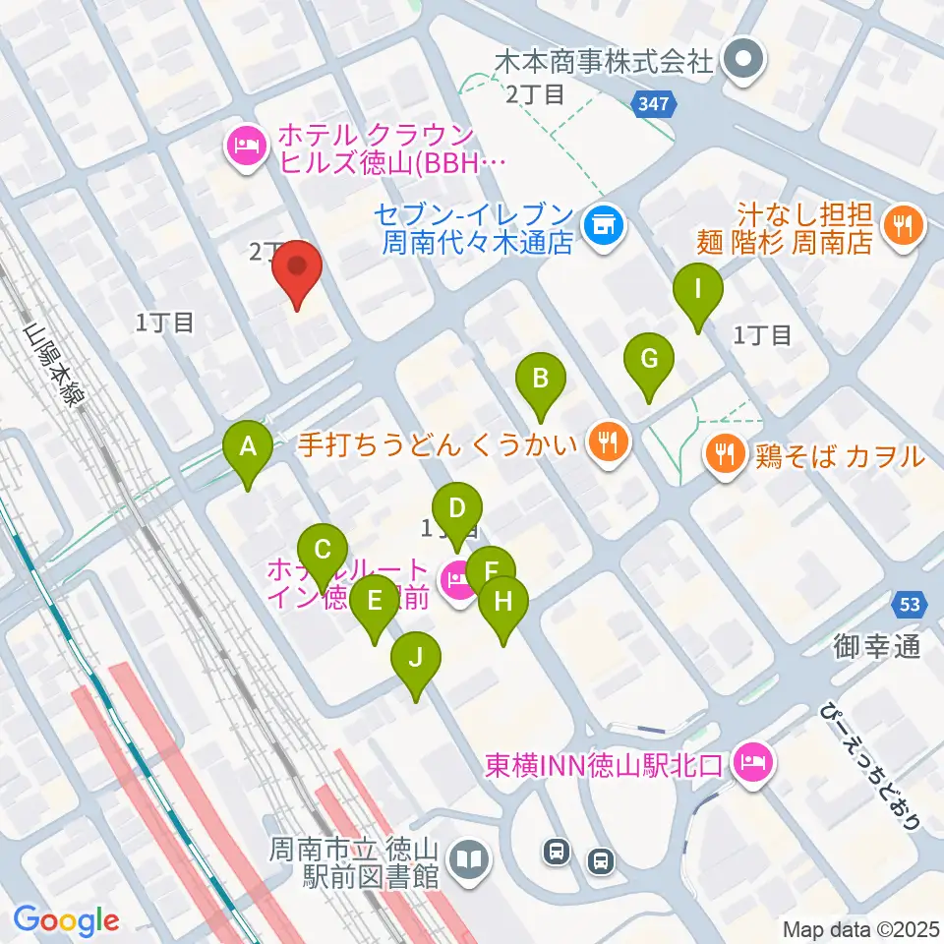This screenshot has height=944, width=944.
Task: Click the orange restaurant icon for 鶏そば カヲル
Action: (725, 453)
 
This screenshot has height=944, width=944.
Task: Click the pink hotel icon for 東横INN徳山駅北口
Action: (754, 760)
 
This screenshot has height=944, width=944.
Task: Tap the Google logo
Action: (66, 920)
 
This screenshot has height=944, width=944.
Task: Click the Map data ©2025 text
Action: (860, 928)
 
